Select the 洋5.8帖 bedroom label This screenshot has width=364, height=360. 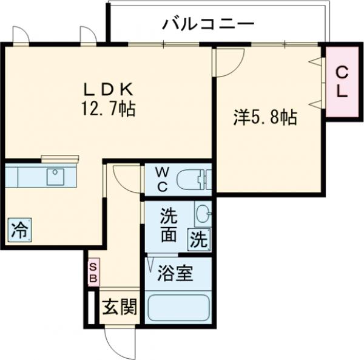pos(265,117)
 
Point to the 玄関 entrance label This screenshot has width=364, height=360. pos(118,307)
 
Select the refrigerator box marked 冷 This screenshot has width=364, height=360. pos(20,229)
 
